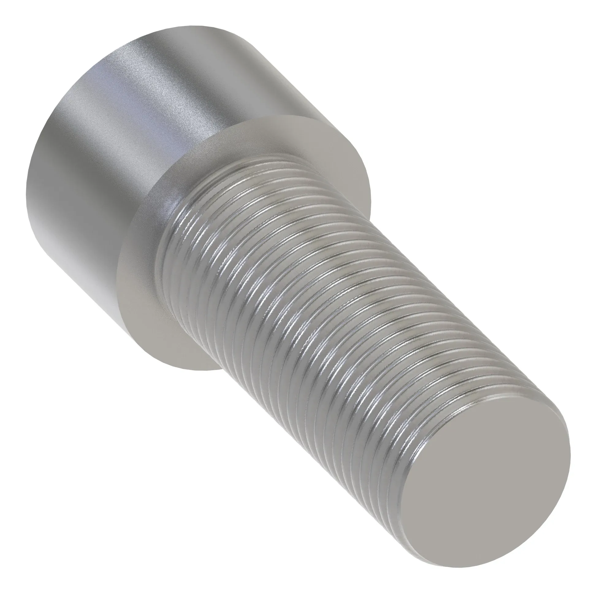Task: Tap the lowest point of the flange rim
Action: coord(197,370)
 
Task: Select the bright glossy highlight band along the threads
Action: coord(286,286)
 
